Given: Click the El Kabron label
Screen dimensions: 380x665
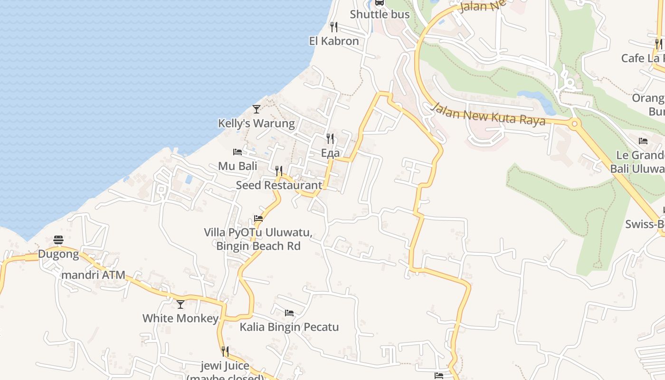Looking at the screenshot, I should pyautogui.click(x=334, y=41).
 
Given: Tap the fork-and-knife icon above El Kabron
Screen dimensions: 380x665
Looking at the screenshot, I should pyautogui.click(x=334, y=27).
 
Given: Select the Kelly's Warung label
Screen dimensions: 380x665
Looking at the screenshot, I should pyautogui.click(x=256, y=123).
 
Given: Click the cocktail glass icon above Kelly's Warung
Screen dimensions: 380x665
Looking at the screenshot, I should pyautogui.click(x=256, y=109).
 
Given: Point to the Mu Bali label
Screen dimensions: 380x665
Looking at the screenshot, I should pyautogui.click(x=237, y=166).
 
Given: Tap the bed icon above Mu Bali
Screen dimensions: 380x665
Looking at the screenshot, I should pyautogui.click(x=237, y=152).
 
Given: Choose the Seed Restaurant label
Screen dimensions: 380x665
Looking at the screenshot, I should pyautogui.click(x=279, y=185).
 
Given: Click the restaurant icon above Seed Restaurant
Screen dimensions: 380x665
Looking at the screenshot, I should pyautogui.click(x=279, y=171).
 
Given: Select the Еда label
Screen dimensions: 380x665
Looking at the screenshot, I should pyautogui.click(x=330, y=153).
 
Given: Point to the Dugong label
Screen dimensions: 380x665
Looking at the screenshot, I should pyautogui.click(x=58, y=254).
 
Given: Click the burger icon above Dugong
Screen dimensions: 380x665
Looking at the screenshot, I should pyautogui.click(x=58, y=240).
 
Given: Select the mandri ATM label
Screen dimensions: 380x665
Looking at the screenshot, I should pyautogui.click(x=94, y=275).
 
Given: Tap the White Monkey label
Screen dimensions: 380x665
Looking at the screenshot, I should pyautogui.click(x=180, y=318).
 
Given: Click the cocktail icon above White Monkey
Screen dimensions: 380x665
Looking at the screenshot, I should pyautogui.click(x=180, y=304).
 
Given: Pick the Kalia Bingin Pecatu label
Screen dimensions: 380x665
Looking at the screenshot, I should pyautogui.click(x=289, y=327).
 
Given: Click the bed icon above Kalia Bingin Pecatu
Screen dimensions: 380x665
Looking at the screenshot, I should pyautogui.click(x=289, y=313).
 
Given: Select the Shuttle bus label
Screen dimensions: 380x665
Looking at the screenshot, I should pyautogui.click(x=380, y=14).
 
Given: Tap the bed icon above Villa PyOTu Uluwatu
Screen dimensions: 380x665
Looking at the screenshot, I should pyautogui.click(x=258, y=218).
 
